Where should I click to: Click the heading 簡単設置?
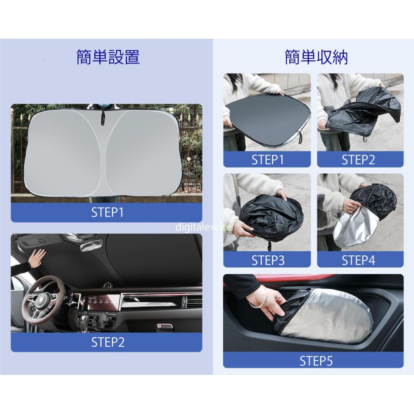pos(108,57)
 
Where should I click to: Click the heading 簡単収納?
pos(316,57)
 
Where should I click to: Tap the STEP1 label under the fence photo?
pos(108,213)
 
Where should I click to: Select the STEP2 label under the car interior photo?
pos(108,342)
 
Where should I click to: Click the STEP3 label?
pos(268,260)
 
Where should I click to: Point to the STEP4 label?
pos(358,260)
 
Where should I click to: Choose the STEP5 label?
pos(316,361)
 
